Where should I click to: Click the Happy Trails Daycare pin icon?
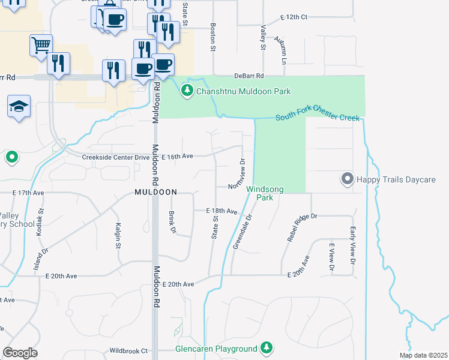point(347,179)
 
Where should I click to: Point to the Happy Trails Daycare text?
point(396,179)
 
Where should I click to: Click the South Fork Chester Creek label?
point(317,117)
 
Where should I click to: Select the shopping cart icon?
point(41,45)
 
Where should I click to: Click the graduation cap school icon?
point(19,107)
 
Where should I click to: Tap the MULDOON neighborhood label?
point(155,192)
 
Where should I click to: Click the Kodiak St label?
point(41,220)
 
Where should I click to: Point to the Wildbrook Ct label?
point(128,350)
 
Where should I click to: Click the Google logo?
point(20,353)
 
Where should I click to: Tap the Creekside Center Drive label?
point(116,157)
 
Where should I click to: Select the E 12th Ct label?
point(294,17)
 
